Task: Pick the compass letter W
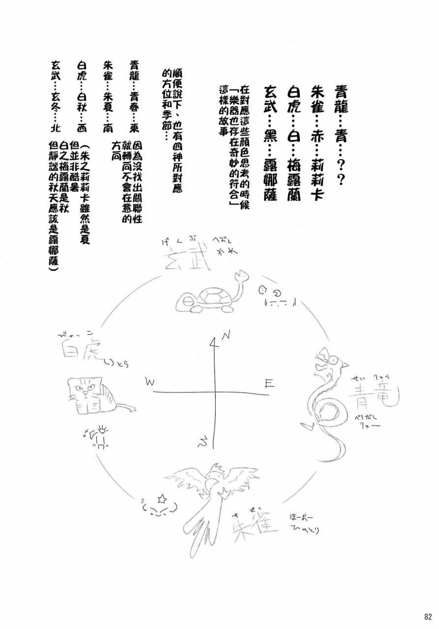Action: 150,381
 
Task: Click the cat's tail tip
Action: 132,406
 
